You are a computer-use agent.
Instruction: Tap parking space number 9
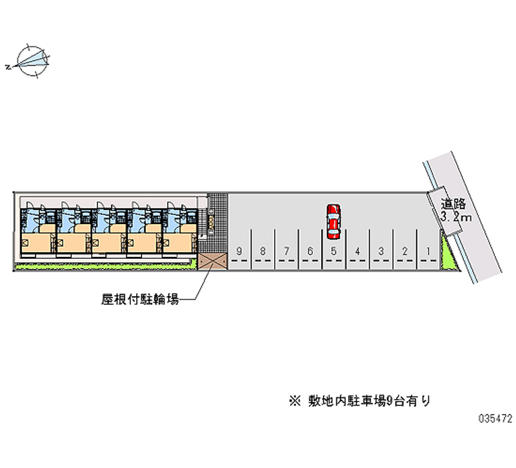(239, 251)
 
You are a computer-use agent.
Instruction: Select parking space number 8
(263, 251)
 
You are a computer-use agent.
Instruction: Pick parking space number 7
(286, 251)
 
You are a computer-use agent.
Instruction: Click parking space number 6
(310, 251)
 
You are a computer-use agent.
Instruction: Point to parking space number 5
(333, 251)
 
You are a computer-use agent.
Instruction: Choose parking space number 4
(357, 251)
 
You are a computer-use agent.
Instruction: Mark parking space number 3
(381, 251)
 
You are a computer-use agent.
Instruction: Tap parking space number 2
(404, 251)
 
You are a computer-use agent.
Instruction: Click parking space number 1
(428, 251)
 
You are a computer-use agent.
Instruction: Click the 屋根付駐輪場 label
(139, 299)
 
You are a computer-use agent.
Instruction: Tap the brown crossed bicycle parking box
(212, 260)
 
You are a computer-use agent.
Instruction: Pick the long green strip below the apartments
(103, 265)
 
